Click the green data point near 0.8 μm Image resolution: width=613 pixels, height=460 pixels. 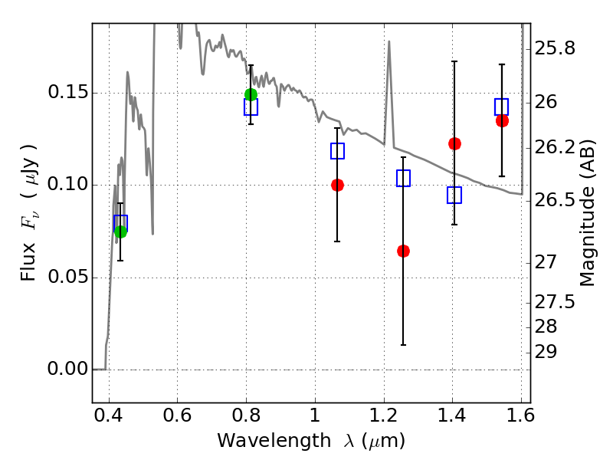pyautogui.click(x=251, y=94)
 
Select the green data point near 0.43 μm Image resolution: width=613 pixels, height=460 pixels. pyautogui.click(x=121, y=232)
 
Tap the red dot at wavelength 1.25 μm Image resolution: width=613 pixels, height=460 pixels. pyautogui.click(x=404, y=251)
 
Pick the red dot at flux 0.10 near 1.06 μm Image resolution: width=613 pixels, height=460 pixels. pyautogui.click(x=337, y=185)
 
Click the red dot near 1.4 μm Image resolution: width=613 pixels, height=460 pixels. pyautogui.click(x=454, y=143)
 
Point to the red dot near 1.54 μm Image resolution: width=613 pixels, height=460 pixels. pyautogui.click(x=502, y=121)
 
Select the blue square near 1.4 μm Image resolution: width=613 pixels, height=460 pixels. pyautogui.click(x=454, y=195)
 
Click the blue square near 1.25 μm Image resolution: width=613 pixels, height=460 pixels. pyautogui.click(x=404, y=178)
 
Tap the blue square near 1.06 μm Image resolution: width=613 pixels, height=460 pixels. pyautogui.click(x=337, y=150)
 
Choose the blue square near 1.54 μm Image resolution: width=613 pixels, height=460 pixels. pyautogui.click(x=502, y=107)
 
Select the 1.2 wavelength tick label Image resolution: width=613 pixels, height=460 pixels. pyautogui.click(x=384, y=416)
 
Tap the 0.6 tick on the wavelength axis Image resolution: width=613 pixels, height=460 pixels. pyautogui.click(x=177, y=416)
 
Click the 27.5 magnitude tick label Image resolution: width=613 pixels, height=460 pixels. pyautogui.click(x=554, y=302)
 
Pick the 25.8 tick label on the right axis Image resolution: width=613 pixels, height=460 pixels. pyautogui.click(x=555, y=49)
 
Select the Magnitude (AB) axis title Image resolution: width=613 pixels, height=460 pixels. pyautogui.click(x=586, y=212)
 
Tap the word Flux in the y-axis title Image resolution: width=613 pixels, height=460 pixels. pyautogui.click(x=28, y=262)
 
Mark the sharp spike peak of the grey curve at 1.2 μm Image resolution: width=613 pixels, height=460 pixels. pyautogui.click(x=389, y=41)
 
